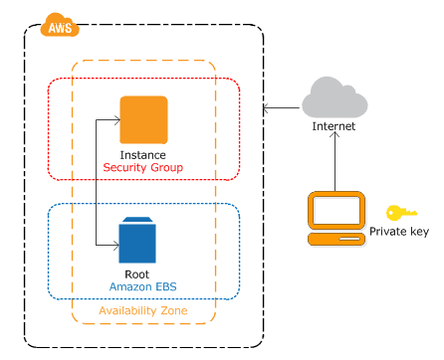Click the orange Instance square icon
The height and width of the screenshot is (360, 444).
142,120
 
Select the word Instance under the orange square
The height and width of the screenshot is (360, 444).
142,156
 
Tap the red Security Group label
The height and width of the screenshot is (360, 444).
142,169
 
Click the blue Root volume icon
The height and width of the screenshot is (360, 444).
137,242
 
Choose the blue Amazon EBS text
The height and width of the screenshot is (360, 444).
137,286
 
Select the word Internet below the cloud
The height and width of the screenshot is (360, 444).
333,127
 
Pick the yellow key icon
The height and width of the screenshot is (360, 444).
401,213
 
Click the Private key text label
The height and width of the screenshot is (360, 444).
398,232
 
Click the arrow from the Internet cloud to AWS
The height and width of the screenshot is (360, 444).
284,103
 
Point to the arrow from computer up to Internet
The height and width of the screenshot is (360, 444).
334,164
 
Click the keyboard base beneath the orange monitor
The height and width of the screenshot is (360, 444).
333,240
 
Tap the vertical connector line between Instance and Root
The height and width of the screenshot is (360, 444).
95,182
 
